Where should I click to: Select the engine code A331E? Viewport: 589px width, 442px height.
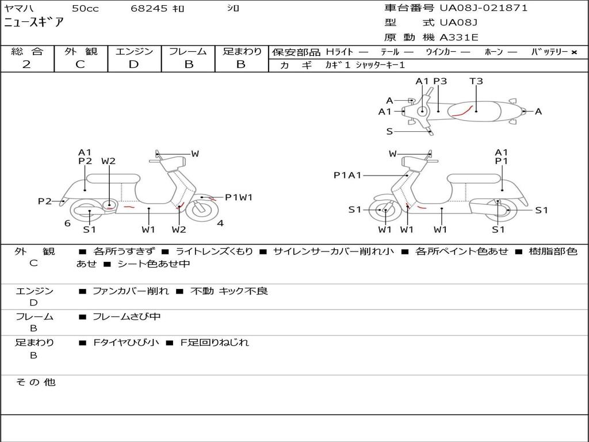pos(459,38)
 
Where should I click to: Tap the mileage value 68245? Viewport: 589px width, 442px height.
pos(149,9)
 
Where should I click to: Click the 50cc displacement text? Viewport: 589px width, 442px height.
pos(85,9)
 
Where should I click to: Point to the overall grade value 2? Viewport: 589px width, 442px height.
pos(26,64)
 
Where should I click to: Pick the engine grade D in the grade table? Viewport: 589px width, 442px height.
pos(133,64)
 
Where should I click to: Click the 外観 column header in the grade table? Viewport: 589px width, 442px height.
pos(81,52)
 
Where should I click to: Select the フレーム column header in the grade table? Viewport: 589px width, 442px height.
pos(188,52)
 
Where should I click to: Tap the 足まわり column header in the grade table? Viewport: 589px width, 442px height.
pos(242,52)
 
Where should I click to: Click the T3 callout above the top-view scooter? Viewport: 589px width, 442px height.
pos(476,81)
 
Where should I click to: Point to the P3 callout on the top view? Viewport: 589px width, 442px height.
pos(440,81)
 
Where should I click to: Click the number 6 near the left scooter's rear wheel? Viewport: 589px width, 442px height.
pos(67,223)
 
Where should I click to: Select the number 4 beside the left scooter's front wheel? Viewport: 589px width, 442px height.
pos(220,223)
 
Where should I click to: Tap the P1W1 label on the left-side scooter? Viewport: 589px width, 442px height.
pos(239,197)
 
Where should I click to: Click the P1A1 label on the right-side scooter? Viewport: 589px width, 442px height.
pos(347,176)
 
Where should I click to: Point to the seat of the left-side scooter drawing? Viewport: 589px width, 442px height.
pos(113,178)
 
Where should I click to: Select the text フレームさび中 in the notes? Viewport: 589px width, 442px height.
pos(127,317)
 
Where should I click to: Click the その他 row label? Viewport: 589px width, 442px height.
pos(35,382)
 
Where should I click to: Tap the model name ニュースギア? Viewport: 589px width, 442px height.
pos(34,23)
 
